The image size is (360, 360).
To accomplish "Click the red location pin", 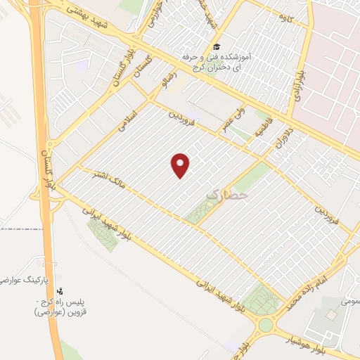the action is (x=181, y=165).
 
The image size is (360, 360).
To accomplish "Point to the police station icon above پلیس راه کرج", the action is (x=59, y=290).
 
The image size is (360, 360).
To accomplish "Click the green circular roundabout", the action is (x=266, y=326).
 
